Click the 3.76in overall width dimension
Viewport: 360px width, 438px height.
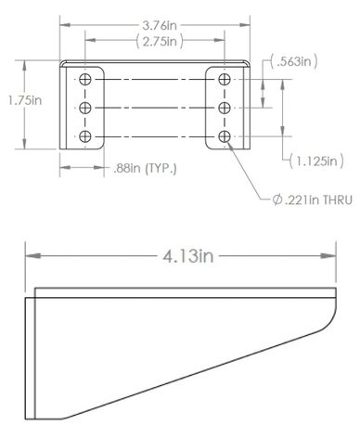(160, 25)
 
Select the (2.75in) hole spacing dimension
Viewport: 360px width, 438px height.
(160, 41)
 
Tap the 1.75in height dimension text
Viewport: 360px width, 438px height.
(25, 100)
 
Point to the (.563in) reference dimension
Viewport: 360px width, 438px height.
(294, 61)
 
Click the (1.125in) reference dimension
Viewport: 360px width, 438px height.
(316, 161)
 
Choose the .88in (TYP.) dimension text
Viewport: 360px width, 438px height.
(145, 169)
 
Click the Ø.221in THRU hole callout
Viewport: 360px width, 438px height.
(313, 200)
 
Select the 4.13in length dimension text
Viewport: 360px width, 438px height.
(188, 256)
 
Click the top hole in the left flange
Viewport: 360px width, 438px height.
(85, 80)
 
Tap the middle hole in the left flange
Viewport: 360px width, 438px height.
(85, 108)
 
